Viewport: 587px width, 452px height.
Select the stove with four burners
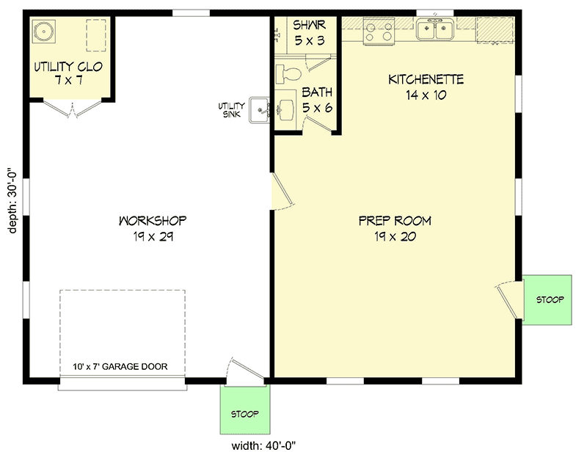tap(379, 32)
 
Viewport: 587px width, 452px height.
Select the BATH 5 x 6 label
tap(318, 100)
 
